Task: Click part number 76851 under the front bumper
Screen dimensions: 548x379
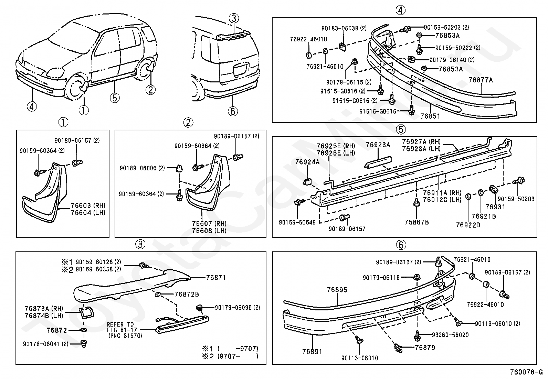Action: [430, 116]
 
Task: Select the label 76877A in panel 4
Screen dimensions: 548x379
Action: [481, 80]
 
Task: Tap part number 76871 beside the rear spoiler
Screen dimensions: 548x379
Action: [216, 278]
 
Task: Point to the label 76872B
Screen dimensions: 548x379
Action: [187, 294]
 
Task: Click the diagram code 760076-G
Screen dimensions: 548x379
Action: [526, 372]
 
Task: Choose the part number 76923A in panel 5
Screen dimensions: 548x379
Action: [378, 145]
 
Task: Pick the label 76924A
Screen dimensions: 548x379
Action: [307, 162]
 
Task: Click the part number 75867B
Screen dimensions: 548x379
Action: [417, 222]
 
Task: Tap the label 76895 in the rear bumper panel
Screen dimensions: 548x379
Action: [337, 290]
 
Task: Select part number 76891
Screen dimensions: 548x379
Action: [312, 351]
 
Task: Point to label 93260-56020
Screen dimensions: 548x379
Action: [450, 335]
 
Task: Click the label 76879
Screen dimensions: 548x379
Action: [425, 348]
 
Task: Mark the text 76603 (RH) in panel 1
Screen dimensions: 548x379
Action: [88, 206]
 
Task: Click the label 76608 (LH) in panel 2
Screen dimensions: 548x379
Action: [209, 231]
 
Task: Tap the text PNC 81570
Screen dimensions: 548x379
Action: [125, 336]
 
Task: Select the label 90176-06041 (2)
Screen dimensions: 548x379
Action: [46, 344]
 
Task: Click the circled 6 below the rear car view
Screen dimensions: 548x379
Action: [233, 111]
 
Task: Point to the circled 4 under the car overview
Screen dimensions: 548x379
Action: [32, 107]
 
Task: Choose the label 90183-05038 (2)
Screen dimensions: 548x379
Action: [344, 28]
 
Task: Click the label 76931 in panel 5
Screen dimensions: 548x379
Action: [495, 207]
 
